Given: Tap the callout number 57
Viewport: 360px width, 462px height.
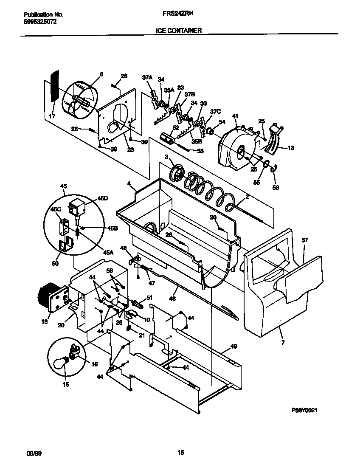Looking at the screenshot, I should point(304,240).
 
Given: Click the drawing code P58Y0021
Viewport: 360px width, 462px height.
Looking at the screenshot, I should point(305,410).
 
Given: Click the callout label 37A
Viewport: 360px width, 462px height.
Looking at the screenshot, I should point(147,77).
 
